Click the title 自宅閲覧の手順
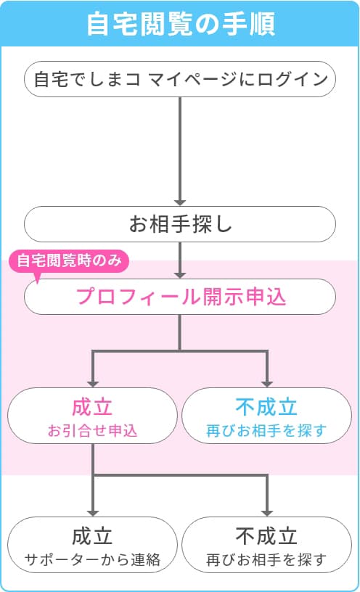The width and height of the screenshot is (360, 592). click(181, 24)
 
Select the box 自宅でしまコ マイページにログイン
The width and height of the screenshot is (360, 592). click(180, 79)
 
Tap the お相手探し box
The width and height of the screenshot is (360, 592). click(180, 224)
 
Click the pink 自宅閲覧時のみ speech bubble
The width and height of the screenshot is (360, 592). click(69, 260)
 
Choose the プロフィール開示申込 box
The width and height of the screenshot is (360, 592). click(180, 297)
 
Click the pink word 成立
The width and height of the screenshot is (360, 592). click(92, 407)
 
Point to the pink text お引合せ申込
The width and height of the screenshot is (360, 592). click(92, 430)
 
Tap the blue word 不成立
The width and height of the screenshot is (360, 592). click(266, 407)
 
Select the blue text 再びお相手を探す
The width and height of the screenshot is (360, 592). click(266, 430)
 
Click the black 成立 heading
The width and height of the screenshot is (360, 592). click(92, 536)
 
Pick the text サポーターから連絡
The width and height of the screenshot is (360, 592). click(92, 559)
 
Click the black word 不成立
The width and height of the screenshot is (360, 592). click(266, 536)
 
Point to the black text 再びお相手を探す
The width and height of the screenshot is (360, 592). click(266, 559)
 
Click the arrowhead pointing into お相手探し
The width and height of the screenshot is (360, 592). click(180, 202)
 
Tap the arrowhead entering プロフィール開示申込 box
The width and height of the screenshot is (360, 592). click(180, 275)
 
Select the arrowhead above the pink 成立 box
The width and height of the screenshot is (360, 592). click(93, 384)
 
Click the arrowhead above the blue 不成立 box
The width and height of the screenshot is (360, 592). click(266, 384)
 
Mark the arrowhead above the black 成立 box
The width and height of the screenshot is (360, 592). click(93, 513)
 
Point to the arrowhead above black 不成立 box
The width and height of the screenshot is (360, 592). click(266, 513)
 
